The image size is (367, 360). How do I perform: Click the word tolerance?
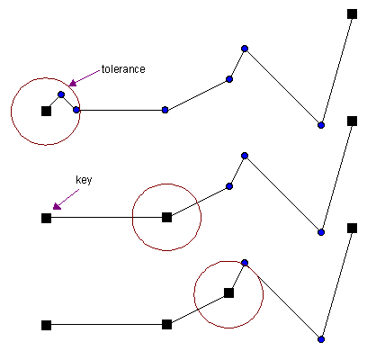coord(123,69)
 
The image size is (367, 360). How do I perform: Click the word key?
coord(84,180)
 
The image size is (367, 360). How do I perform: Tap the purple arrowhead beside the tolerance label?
coord(73,83)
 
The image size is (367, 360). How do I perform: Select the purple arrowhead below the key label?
coord(57,206)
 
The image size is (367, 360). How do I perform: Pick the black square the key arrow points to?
coord(46,218)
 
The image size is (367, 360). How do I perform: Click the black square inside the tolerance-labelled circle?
coord(46,111)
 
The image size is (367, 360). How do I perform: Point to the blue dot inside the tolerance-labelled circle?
coord(61,94)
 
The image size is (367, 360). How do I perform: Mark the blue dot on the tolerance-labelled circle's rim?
coord(76,110)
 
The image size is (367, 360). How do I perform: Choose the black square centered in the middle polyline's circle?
coord(166,217)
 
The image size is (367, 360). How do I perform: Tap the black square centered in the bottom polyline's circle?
coord(228,292)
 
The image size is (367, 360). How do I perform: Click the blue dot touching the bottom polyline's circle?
coord(245,263)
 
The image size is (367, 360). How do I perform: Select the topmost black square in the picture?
coord(352,13)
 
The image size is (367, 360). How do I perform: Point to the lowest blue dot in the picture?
coord(321,339)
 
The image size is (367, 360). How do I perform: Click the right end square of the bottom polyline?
coord(352,228)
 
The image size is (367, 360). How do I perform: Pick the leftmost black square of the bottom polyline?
coord(46,325)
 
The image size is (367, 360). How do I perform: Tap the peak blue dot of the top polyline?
coord(245,49)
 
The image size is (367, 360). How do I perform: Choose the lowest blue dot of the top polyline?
coord(321,125)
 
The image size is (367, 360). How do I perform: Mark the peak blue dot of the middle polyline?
coord(245,156)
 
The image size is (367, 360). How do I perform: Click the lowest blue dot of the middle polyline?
coord(321,232)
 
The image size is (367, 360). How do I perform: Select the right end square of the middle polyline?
coord(352,121)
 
